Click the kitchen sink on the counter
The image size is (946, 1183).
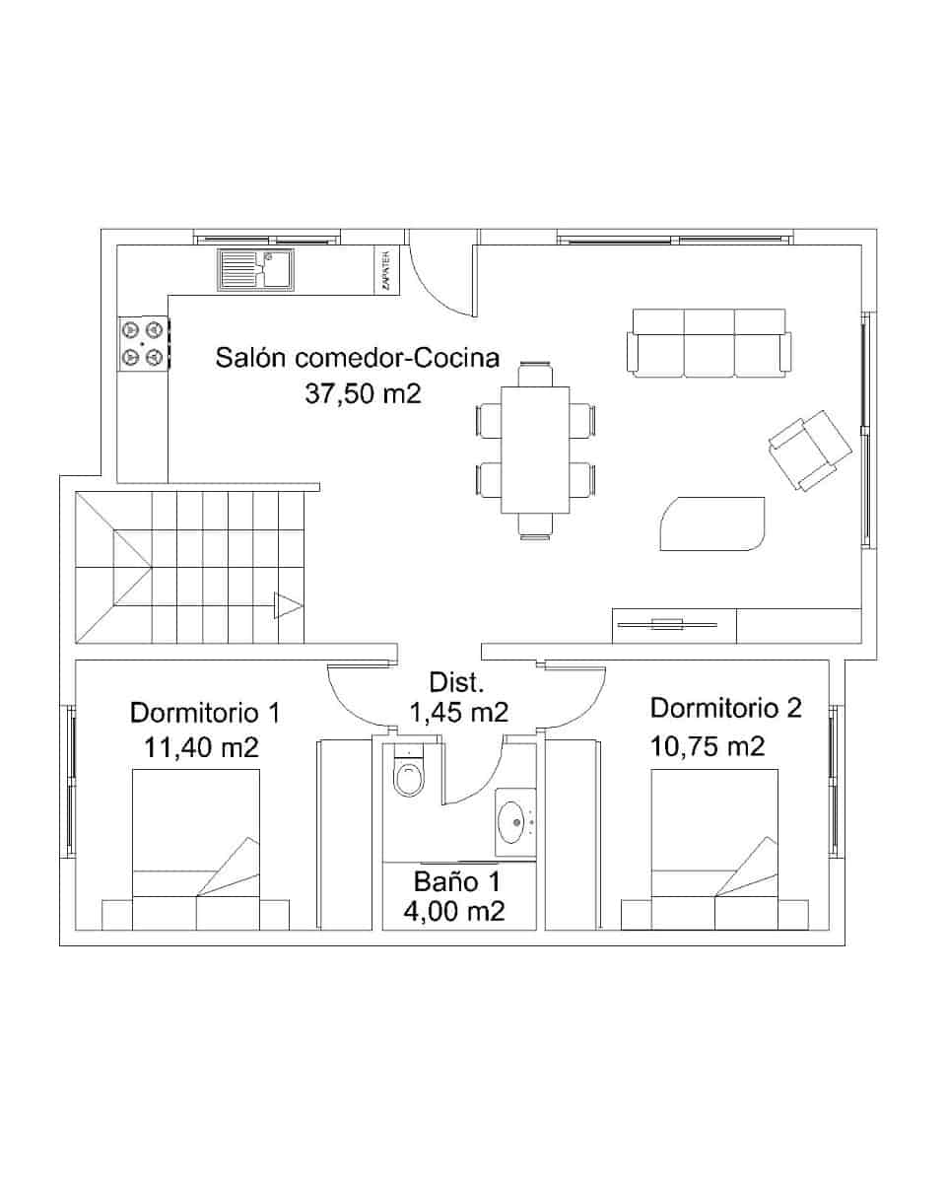(254, 269)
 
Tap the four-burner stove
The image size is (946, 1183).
(142, 343)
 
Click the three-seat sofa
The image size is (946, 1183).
(709, 343)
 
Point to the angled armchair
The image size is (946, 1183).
(809, 449)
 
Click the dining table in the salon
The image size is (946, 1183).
(535, 450)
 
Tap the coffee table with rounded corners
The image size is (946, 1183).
(711, 523)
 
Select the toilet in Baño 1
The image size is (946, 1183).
(407, 775)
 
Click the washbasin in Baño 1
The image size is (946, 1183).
(513, 821)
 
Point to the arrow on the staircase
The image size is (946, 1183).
(289, 605)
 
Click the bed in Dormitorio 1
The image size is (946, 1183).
(196, 850)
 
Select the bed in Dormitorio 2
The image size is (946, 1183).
(715, 850)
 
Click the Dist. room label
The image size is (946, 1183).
(457, 682)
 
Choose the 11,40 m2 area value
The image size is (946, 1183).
(202, 747)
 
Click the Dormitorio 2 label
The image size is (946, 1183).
(726, 708)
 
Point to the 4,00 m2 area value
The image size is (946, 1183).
(455, 912)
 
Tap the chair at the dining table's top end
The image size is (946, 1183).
(535, 372)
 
